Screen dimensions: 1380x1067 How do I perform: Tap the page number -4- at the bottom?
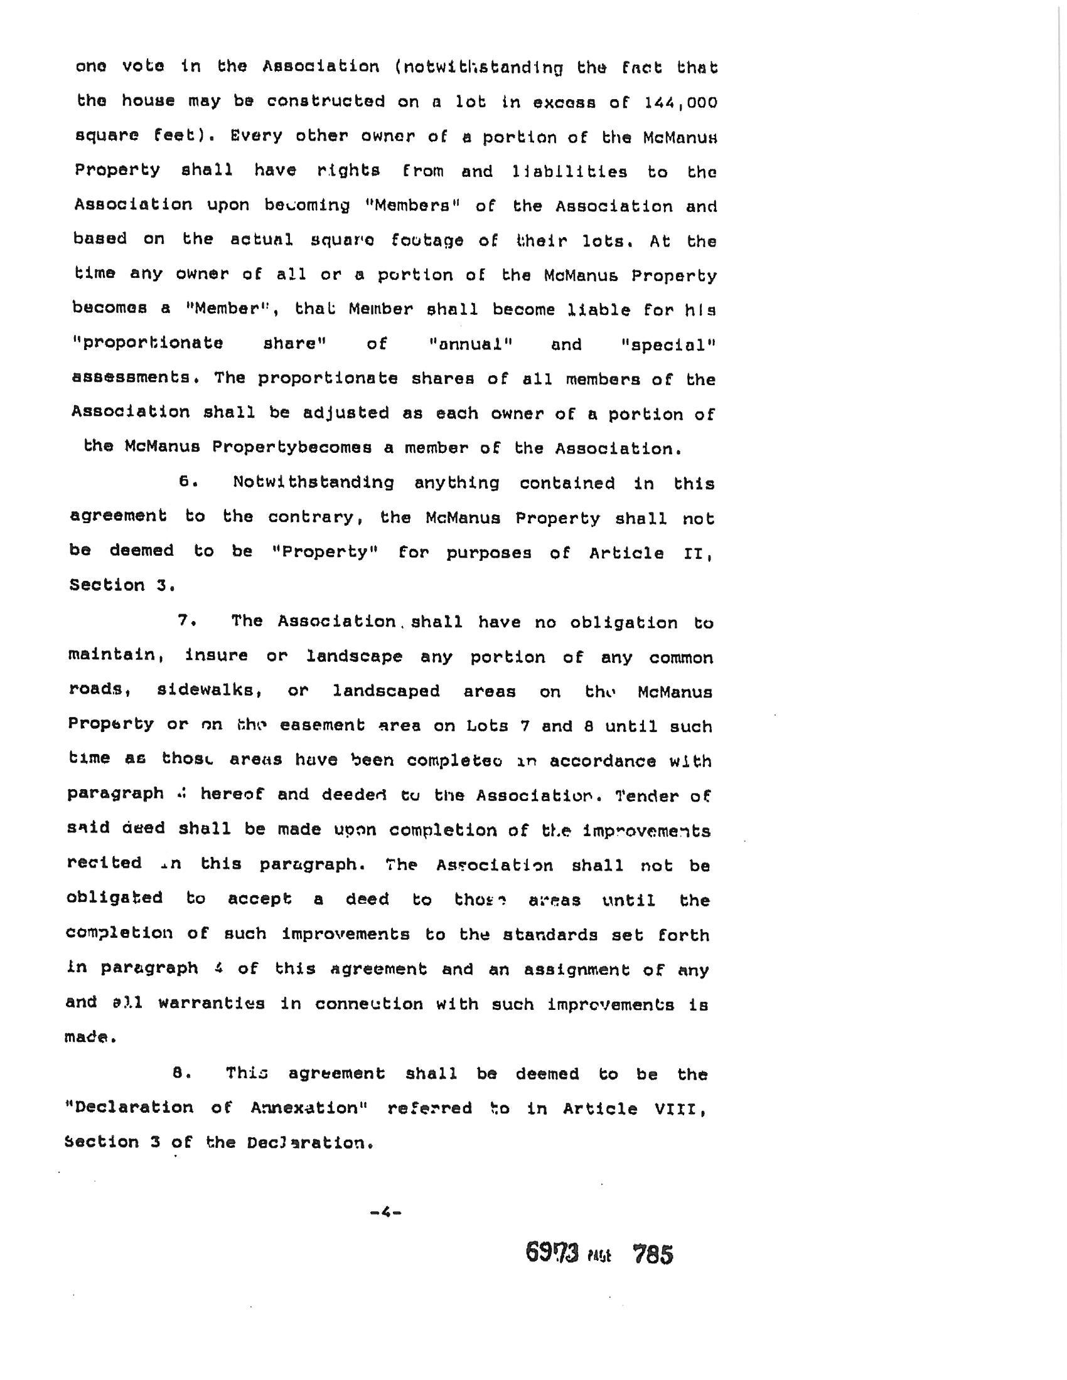(385, 1212)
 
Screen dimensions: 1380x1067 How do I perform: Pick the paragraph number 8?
(181, 1073)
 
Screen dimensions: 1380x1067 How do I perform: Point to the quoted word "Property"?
(325, 551)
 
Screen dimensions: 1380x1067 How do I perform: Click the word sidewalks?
(209, 691)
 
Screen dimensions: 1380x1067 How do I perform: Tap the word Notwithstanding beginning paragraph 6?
(313, 483)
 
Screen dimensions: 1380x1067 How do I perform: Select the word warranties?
(211, 1004)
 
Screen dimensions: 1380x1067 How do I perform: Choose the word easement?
(322, 725)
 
